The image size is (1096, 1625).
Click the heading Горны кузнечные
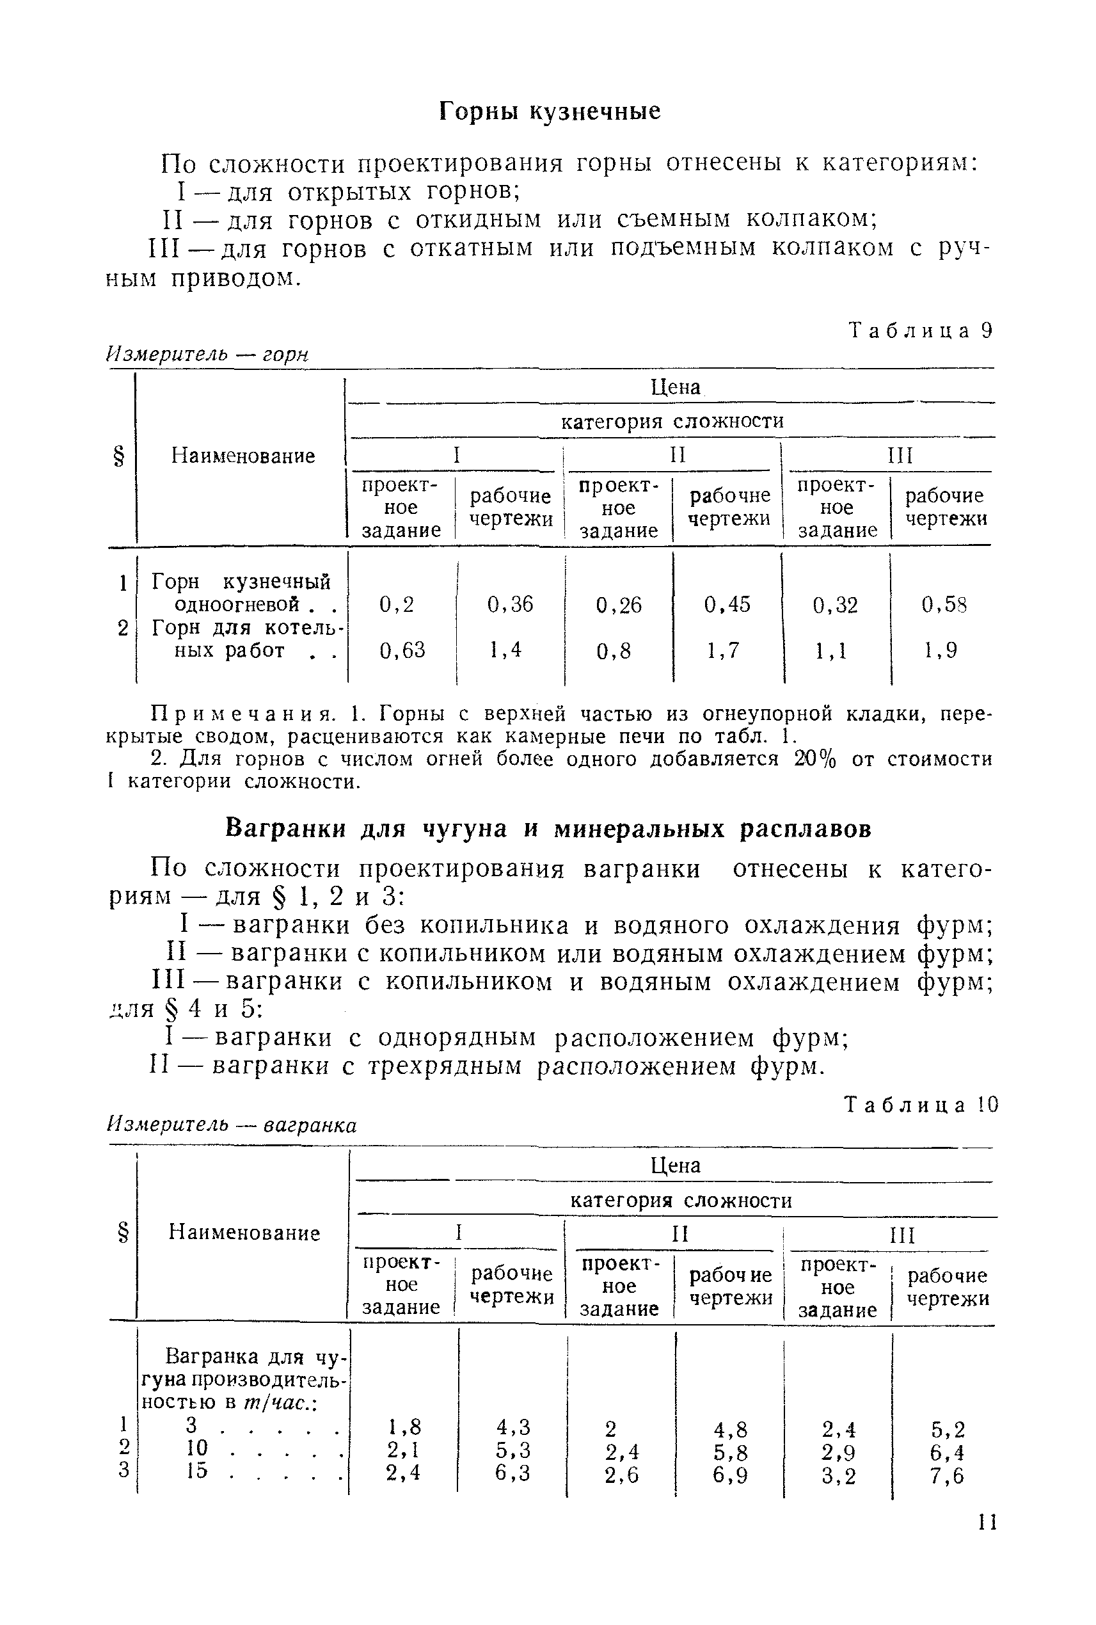click(x=550, y=111)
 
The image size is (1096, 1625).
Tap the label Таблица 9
click(x=921, y=330)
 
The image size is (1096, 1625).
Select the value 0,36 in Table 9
click(x=511, y=604)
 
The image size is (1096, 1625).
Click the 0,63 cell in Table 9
click(x=402, y=651)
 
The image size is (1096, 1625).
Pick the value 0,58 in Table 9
click(x=944, y=605)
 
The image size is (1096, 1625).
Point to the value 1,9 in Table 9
click(x=941, y=651)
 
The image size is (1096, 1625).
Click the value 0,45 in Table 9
click(x=727, y=604)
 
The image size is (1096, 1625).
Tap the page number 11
click(x=987, y=1542)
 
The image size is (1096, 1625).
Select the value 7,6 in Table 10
click(x=947, y=1475)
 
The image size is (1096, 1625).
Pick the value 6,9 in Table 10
click(x=731, y=1475)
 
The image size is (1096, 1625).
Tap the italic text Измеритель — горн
click(x=207, y=355)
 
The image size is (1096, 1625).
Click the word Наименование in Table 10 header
click(x=244, y=1233)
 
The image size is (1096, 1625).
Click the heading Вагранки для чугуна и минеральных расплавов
click(x=549, y=829)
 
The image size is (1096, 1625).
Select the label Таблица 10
click(x=922, y=1105)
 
